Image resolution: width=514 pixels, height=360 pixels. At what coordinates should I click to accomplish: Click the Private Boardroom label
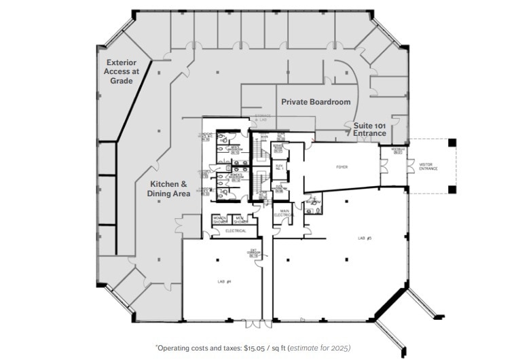click(x=316, y=102)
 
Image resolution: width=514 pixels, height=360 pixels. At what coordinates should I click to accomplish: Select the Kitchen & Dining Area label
click(x=167, y=189)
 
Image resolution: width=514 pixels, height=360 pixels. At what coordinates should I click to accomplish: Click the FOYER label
click(x=342, y=166)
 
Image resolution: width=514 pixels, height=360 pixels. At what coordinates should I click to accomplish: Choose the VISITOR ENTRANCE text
click(x=428, y=166)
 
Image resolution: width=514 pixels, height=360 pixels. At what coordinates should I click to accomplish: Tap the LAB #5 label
click(x=365, y=239)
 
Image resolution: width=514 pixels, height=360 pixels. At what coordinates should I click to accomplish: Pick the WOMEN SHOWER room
click(x=220, y=220)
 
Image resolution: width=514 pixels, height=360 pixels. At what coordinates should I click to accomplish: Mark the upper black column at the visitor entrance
click(x=452, y=143)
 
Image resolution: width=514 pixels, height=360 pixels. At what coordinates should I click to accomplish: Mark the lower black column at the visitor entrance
click(x=452, y=189)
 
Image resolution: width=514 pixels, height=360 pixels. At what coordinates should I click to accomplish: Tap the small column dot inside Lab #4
click(x=217, y=259)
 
